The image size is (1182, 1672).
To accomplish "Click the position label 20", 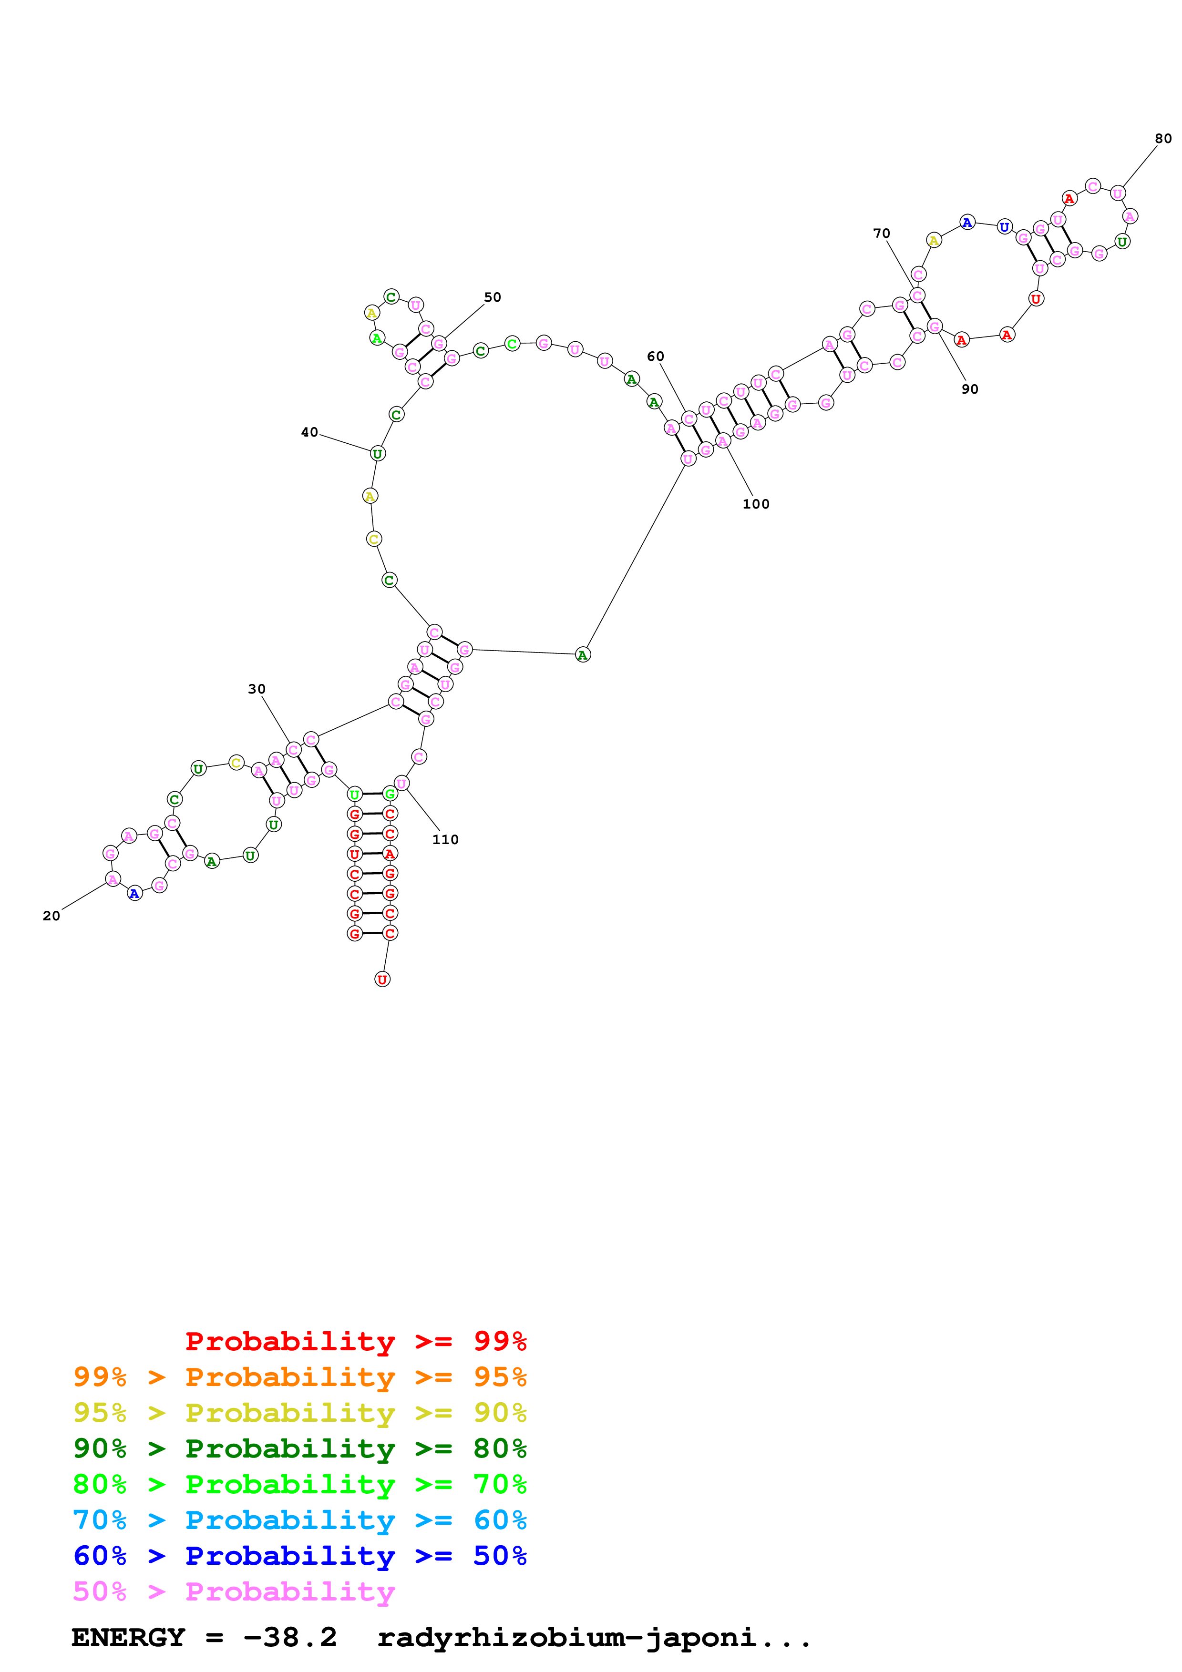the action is tap(51, 916).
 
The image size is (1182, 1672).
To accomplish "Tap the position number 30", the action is tap(257, 689).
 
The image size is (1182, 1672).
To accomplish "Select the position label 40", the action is tap(309, 433).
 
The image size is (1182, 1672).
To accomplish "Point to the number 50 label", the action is tap(493, 297).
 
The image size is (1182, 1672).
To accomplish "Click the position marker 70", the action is tap(881, 234).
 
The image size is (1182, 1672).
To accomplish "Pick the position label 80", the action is tap(1163, 138).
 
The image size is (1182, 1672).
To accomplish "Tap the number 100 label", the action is tap(755, 504).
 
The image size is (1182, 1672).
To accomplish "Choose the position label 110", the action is tap(445, 840).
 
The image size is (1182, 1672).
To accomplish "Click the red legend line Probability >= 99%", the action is tap(355, 1341).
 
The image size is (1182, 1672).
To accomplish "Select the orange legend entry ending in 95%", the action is tap(299, 1377).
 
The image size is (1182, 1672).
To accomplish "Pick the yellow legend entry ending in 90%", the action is tap(299, 1413).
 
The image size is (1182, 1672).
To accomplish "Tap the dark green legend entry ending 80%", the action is tap(299, 1448).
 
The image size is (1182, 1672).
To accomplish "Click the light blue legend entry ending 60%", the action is tap(299, 1520).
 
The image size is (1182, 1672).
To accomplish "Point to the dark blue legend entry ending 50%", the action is tap(299, 1556).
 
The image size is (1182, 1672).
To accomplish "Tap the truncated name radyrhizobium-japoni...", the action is tap(594, 1637).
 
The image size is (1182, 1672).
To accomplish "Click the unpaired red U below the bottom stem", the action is tap(382, 979).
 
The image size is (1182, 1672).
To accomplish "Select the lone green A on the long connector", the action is tap(583, 655).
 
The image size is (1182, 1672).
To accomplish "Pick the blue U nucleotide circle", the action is tap(1004, 227).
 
